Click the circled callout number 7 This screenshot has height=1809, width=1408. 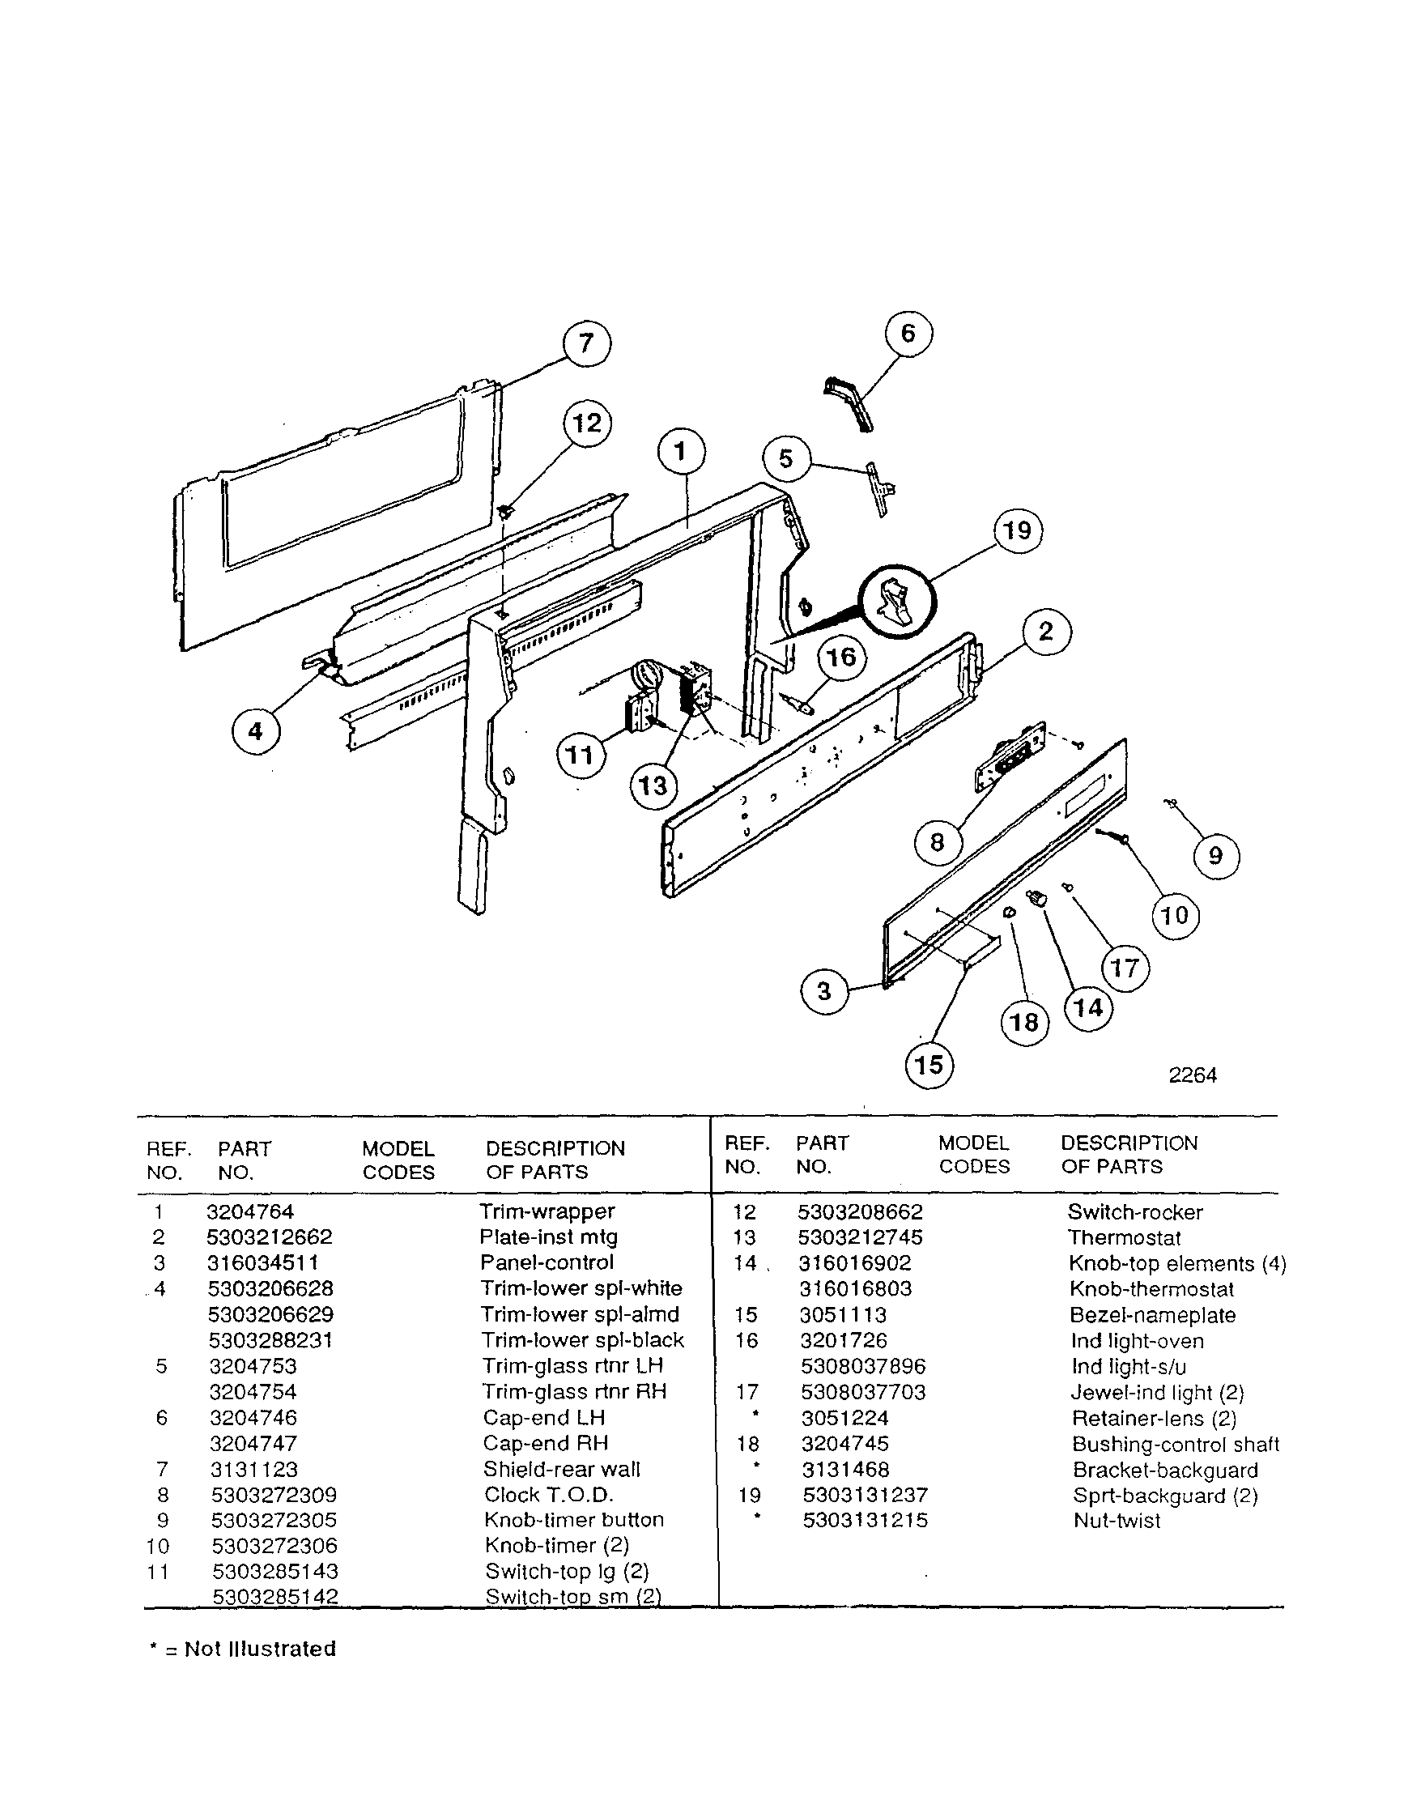click(x=586, y=343)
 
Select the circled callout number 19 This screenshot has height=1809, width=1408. click(x=1018, y=530)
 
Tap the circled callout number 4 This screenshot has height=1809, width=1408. click(x=256, y=731)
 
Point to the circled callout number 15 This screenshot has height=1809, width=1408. click(x=929, y=1064)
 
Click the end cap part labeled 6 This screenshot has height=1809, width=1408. click(x=847, y=403)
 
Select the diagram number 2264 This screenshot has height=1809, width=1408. click(x=1192, y=1075)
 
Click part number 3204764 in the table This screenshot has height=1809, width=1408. click(x=250, y=1211)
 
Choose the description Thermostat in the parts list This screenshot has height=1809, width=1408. click(x=1123, y=1237)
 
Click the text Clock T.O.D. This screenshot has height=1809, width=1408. click(x=548, y=1494)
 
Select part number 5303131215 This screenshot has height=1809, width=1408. click(x=865, y=1520)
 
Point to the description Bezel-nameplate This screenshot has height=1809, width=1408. click(x=1152, y=1315)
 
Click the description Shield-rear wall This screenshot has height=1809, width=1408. click(x=562, y=1470)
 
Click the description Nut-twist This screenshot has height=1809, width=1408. click(x=1117, y=1521)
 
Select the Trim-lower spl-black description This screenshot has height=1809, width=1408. click(x=582, y=1340)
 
